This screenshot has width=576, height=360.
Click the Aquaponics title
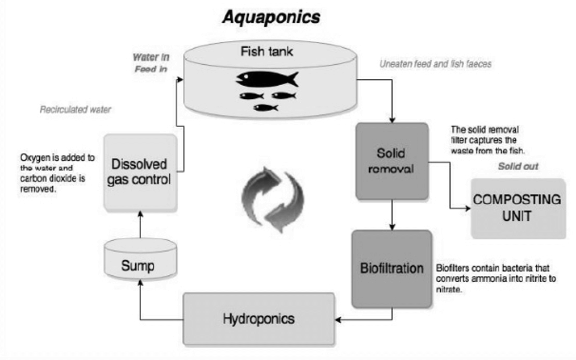pyautogui.click(x=271, y=17)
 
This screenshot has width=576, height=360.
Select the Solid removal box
pyautogui.click(x=392, y=161)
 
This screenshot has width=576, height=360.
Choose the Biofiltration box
pyautogui.click(x=392, y=268)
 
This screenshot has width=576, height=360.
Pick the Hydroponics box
pyautogui.click(x=258, y=319)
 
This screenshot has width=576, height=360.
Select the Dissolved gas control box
pyautogui.click(x=140, y=172)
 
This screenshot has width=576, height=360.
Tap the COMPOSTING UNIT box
pyautogui.click(x=517, y=208)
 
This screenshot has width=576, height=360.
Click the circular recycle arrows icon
pyautogui.click(x=273, y=202)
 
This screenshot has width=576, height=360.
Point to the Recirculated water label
pyautogui.click(x=75, y=110)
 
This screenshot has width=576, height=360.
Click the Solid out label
pyautogui.click(x=518, y=166)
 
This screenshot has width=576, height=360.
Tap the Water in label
pyautogui.click(x=151, y=57)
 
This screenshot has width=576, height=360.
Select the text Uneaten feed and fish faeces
pyautogui.click(x=436, y=64)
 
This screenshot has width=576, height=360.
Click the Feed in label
pyautogui.click(x=151, y=69)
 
